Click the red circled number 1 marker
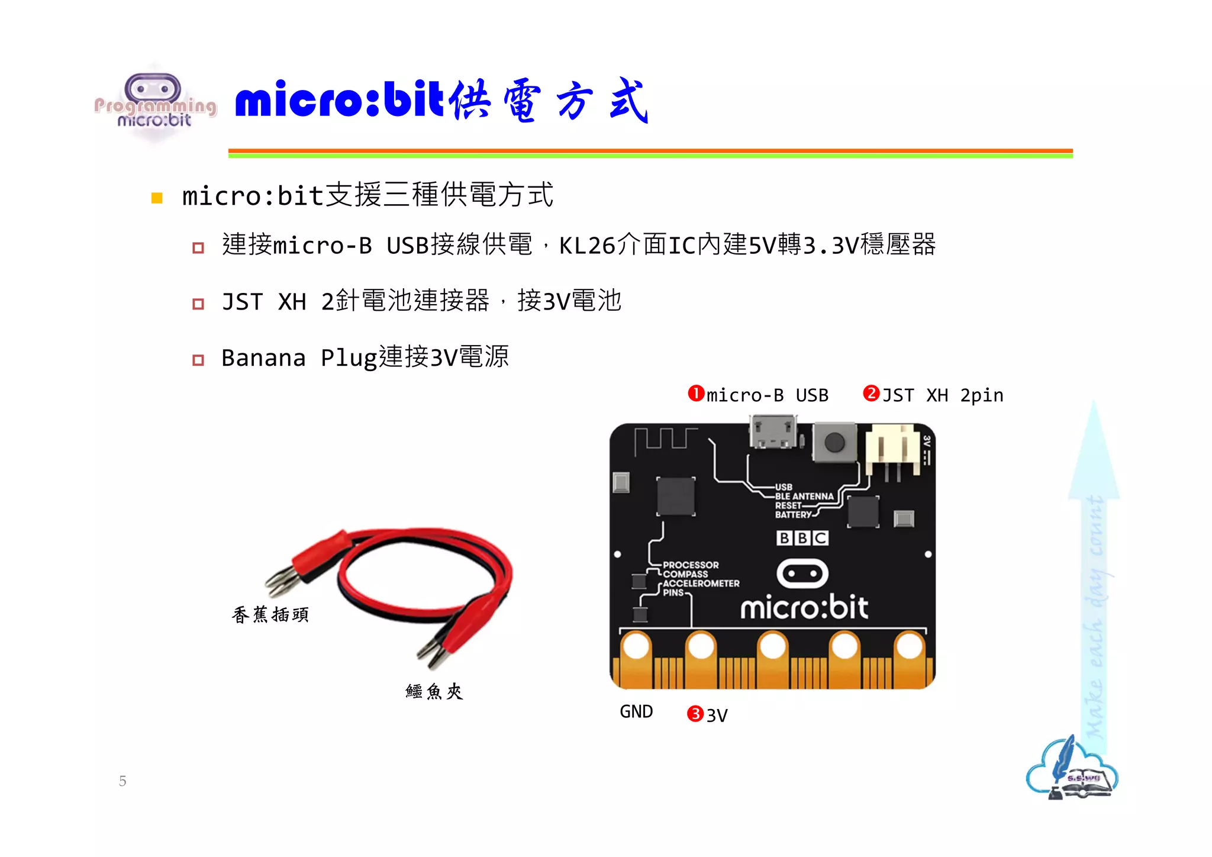(696, 394)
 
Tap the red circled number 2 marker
(871, 394)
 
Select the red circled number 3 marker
(695, 714)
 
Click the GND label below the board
(636, 711)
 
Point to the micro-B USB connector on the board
(772, 431)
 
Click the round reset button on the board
(834, 442)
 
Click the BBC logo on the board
(802, 538)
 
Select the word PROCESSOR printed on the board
(691, 565)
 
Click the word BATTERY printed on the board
(793, 515)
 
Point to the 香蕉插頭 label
(270, 615)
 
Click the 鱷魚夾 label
(434, 691)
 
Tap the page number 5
(123, 781)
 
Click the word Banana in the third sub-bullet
(263, 358)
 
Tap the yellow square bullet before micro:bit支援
(157, 198)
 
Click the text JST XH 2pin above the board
(942, 395)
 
